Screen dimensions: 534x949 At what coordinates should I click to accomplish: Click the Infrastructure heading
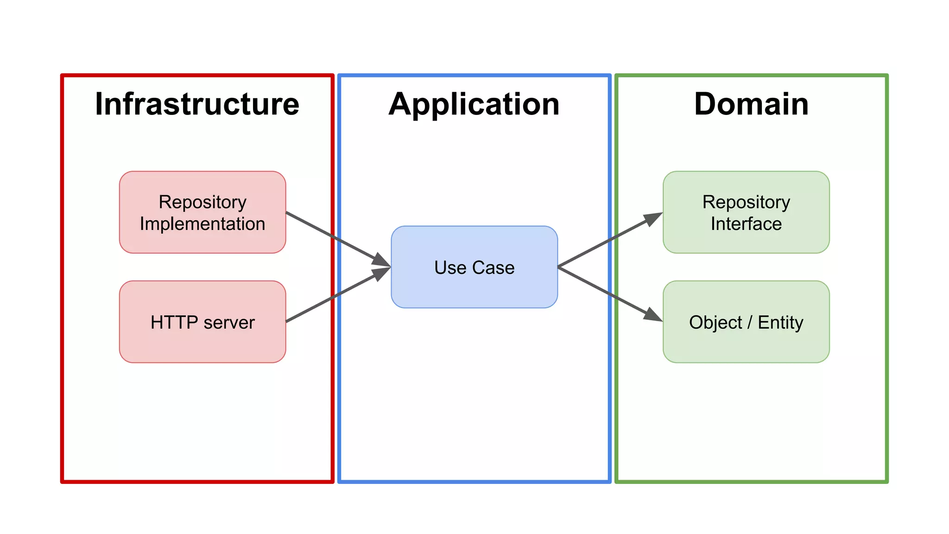tap(197, 104)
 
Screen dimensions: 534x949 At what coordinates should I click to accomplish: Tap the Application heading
tap(474, 104)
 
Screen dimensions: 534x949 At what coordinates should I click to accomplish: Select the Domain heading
tap(751, 104)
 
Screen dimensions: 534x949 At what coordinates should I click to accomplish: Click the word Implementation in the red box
tap(202, 224)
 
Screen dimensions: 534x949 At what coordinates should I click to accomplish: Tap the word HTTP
tap(174, 322)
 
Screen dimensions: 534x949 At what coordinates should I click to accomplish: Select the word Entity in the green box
tap(780, 322)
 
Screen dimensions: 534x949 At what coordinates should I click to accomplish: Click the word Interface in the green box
tap(746, 224)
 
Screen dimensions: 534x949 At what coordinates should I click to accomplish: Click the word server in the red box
tap(229, 322)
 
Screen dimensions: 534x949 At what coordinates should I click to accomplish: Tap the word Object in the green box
tap(715, 322)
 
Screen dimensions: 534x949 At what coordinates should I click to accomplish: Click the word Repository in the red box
tap(202, 202)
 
